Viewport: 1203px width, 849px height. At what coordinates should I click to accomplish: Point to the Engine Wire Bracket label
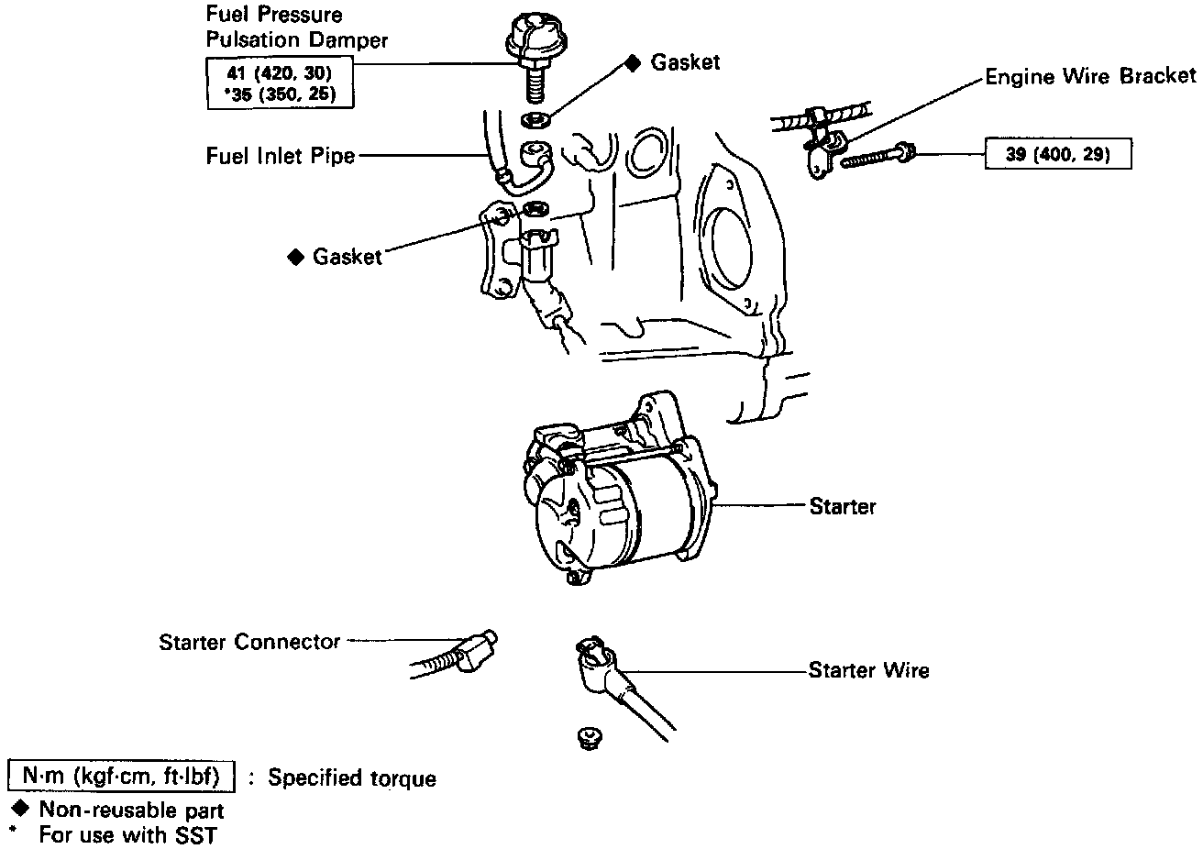point(1090,76)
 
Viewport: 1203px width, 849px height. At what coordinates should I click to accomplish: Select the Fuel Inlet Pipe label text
point(280,157)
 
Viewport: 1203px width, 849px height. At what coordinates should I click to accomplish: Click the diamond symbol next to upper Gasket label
point(632,62)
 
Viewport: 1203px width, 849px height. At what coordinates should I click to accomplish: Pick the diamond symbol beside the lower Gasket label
point(295,257)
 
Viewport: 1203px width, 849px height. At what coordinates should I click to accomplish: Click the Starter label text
point(843,506)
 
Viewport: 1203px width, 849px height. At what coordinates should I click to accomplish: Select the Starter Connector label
point(249,642)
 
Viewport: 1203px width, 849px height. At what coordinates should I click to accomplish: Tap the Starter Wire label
point(868,671)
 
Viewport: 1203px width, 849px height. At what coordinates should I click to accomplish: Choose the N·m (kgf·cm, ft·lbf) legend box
point(121,777)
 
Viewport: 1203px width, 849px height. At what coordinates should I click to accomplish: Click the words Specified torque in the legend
point(352,778)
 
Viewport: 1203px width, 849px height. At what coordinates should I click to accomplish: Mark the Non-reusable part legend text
point(131,810)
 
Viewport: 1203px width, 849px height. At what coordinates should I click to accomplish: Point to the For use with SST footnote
point(127,835)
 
